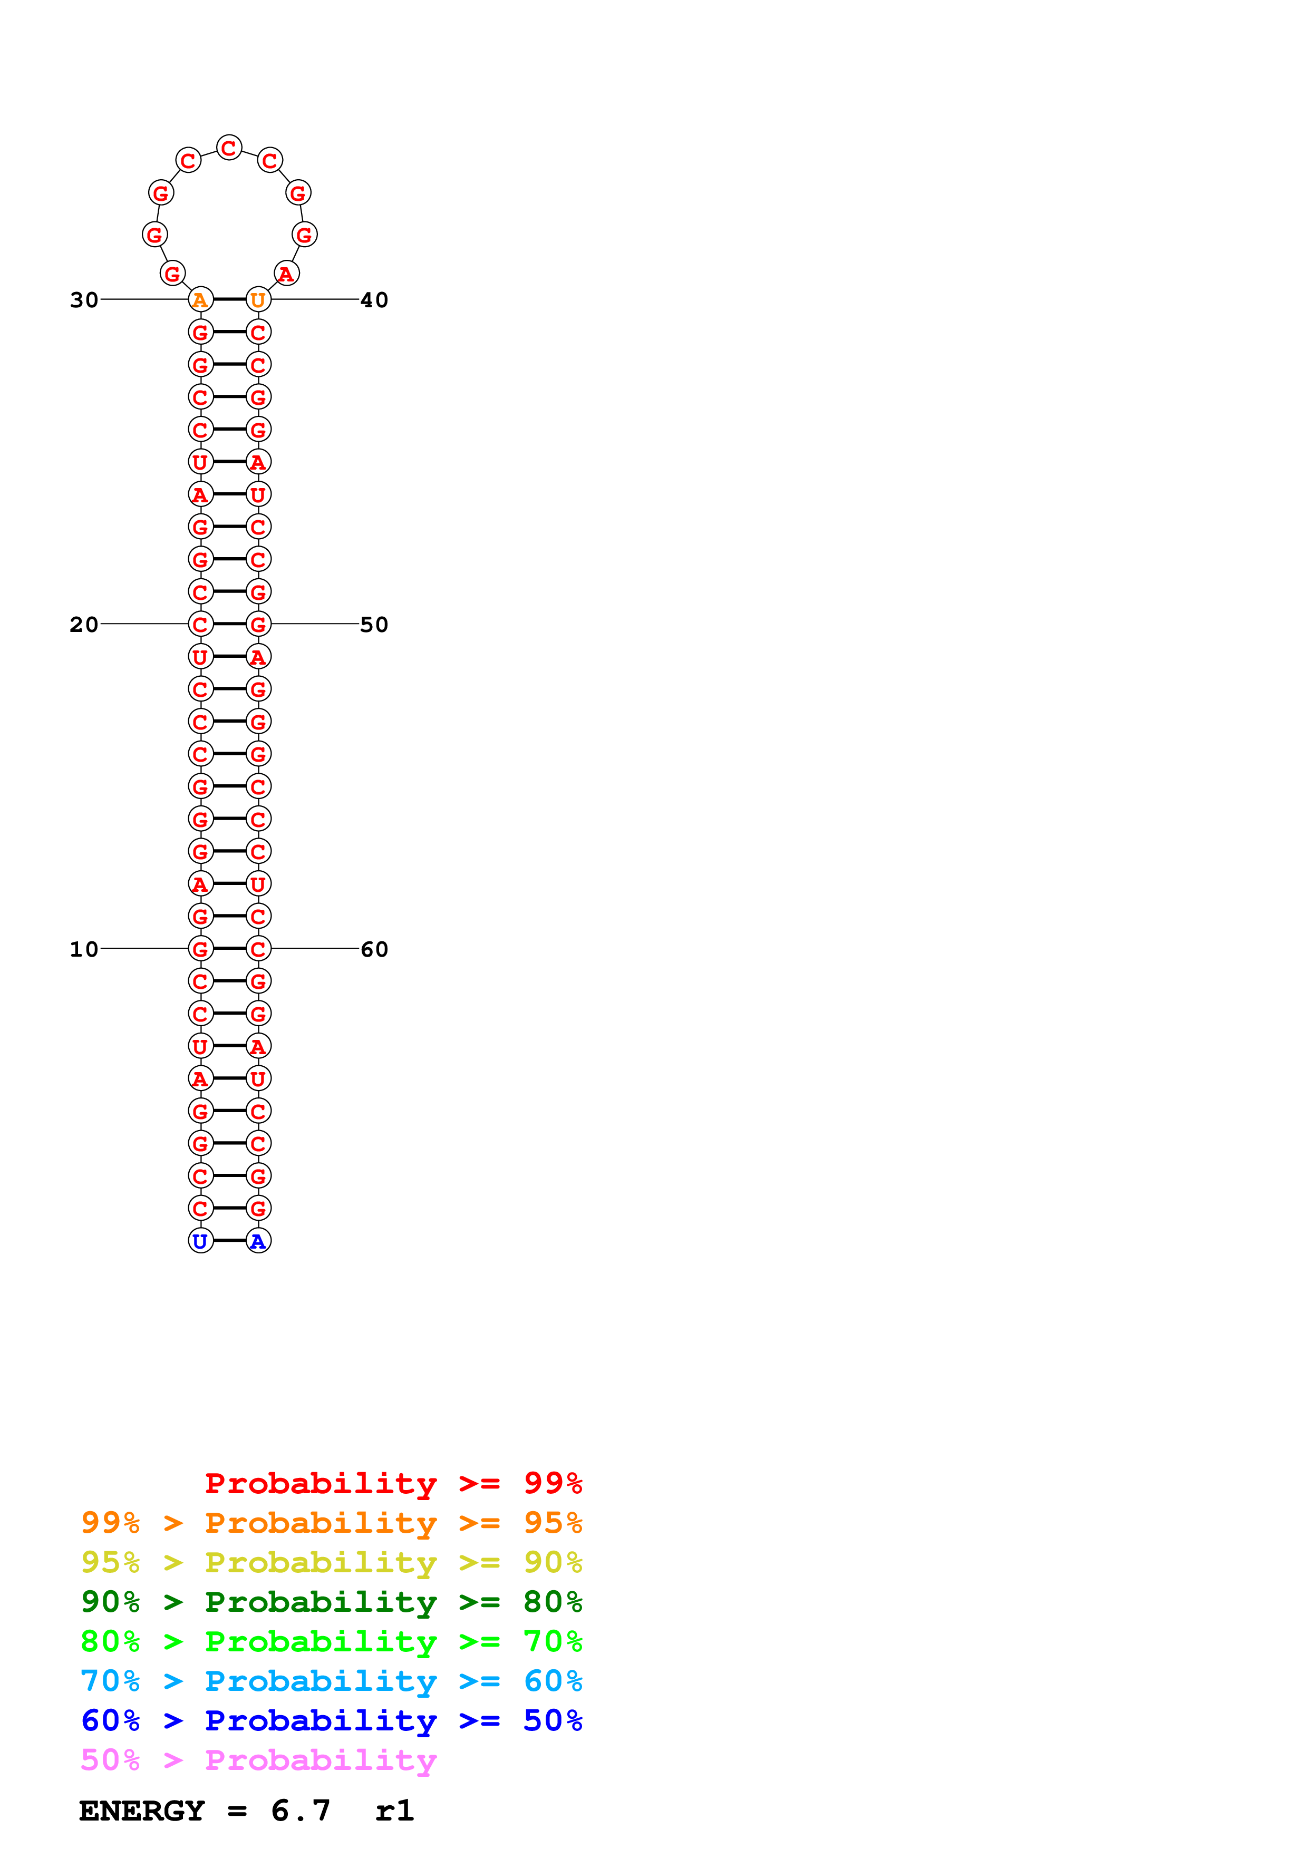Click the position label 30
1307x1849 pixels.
coord(84,300)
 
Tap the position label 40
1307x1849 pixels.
coord(374,300)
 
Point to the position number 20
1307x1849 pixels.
coord(84,625)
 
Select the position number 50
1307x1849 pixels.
coord(374,625)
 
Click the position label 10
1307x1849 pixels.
coord(84,949)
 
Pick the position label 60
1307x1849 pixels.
coord(374,949)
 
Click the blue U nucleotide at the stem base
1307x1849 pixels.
coord(200,1241)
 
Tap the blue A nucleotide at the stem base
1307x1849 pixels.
coord(258,1241)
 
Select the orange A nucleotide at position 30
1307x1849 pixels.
coord(200,299)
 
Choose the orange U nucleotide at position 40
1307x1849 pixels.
coord(258,299)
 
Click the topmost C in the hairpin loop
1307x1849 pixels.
coord(229,148)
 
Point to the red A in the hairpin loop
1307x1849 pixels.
coord(287,274)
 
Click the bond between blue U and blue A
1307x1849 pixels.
coord(229,1240)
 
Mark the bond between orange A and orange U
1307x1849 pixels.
coord(229,299)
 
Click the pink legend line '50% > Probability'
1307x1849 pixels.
coord(258,1760)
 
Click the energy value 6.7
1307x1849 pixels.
coord(301,1811)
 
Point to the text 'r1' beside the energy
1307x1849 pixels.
coord(394,1811)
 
